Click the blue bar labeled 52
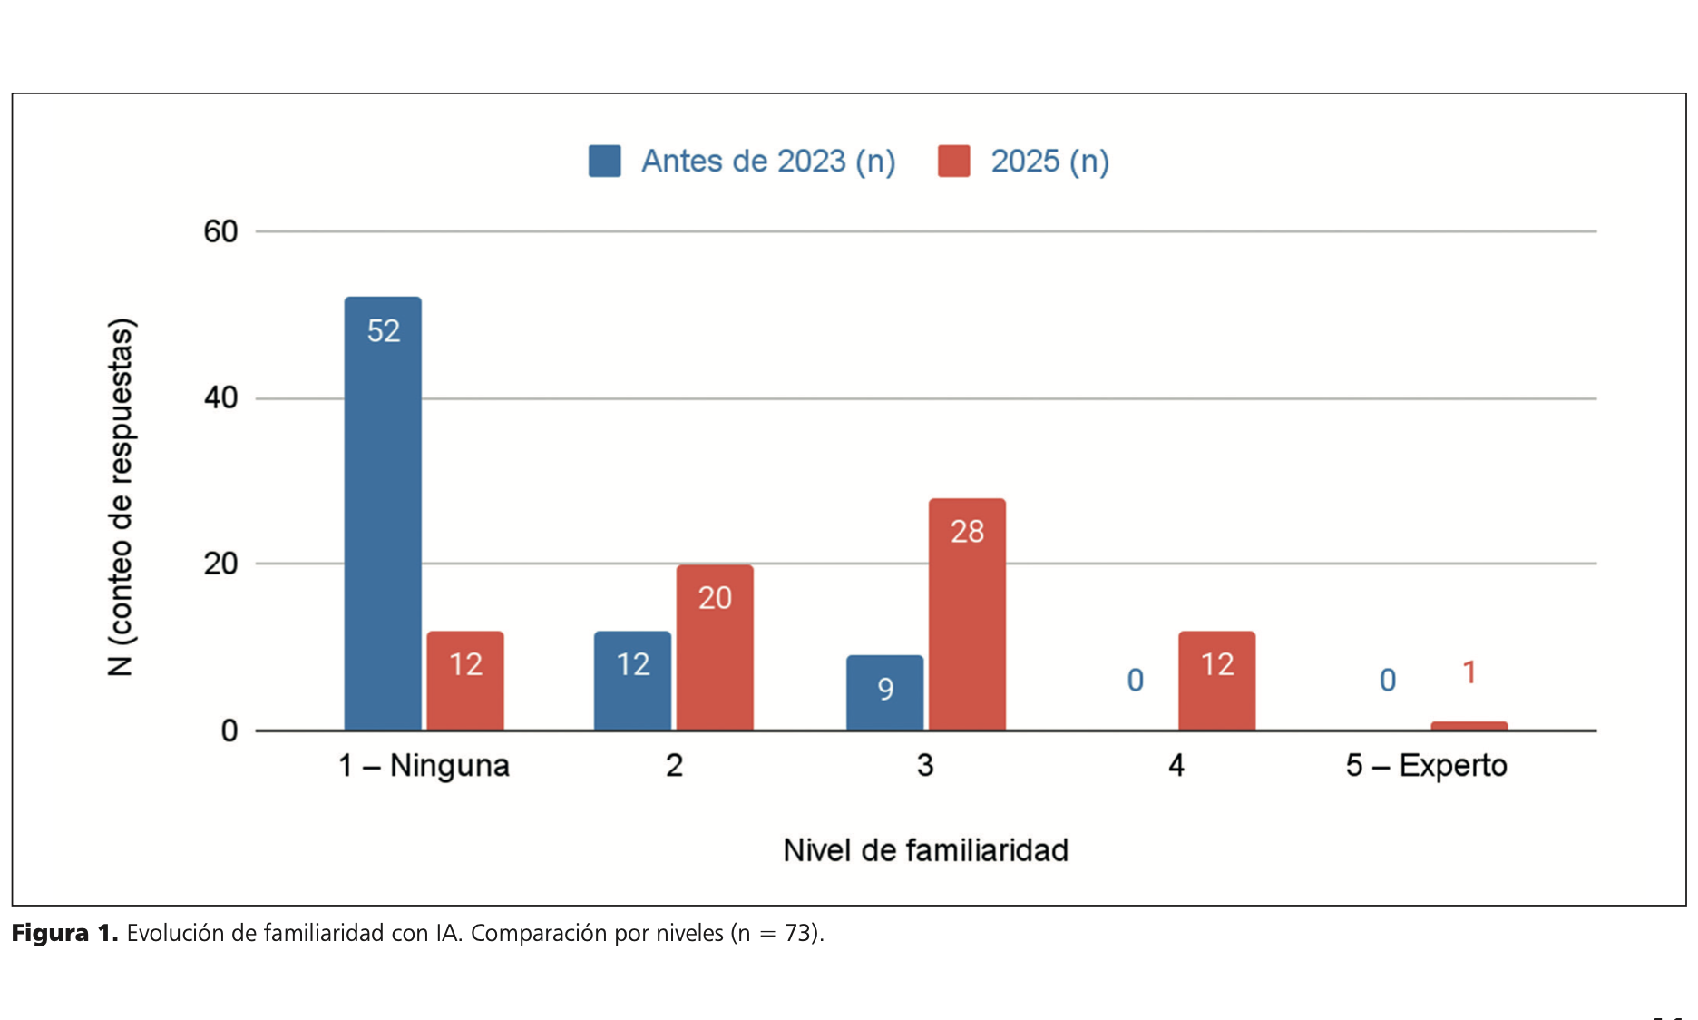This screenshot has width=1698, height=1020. click(x=383, y=513)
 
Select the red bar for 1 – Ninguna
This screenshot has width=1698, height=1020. click(x=465, y=681)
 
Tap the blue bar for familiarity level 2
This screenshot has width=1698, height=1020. click(x=632, y=681)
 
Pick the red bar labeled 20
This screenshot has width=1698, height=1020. click(x=715, y=647)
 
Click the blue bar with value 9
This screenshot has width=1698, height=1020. click(x=884, y=692)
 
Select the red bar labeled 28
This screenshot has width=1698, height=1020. click(x=967, y=614)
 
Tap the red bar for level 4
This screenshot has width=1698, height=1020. click(x=1216, y=681)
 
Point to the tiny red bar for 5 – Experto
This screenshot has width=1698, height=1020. click(x=1469, y=725)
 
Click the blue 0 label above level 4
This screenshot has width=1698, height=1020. click(x=1135, y=681)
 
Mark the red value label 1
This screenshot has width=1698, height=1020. click(x=1469, y=672)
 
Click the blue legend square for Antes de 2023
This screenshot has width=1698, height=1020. click(x=605, y=162)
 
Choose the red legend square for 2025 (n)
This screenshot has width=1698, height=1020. click(x=953, y=162)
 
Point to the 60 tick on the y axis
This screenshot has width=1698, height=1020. click(x=220, y=232)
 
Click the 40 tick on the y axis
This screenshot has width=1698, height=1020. click(x=220, y=398)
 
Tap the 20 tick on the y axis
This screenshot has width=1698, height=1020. click(x=220, y=564)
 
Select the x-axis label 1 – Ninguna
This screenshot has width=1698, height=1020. click(x=424, y=766)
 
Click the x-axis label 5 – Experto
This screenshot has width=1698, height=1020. click(x=1426, y=766)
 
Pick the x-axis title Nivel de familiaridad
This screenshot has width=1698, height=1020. click(x=925, y=850)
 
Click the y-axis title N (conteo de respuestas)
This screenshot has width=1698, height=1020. click(x=121, y=497)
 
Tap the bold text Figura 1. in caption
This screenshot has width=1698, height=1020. click(x=64, y=933)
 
